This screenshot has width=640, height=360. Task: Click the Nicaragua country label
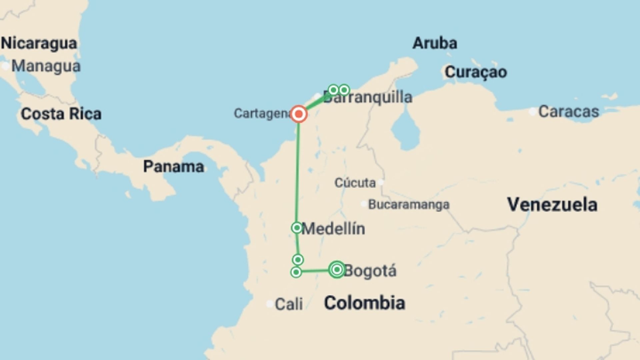pos(39,43)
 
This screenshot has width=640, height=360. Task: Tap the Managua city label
pos(46,66)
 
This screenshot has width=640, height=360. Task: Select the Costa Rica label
pos(61,114)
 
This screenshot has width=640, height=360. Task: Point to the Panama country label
pos(173,167)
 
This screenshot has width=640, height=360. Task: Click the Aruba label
pos(435,43)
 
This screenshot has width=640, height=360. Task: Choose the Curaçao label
pos(476,72)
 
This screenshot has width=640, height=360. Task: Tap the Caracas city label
pos(569,111)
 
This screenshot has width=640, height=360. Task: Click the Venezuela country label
pos(552,204)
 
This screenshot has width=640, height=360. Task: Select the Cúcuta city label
pos(355,183)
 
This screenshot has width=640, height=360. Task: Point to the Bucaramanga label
pos(409,204)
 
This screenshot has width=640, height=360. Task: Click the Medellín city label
pos(333,229)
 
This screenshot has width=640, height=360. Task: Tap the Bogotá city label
pos(370,271)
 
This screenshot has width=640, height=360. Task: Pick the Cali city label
pos(289,304)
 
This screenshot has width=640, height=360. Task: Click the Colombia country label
pos(365,303)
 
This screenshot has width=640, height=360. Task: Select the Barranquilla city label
pos(368,97)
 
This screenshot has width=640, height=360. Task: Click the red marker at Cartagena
pos(299,114)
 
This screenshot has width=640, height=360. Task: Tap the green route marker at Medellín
pos(296,228)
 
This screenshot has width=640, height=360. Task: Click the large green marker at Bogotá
pos(337,269)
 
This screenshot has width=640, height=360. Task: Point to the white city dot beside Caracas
pos(532,111)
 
